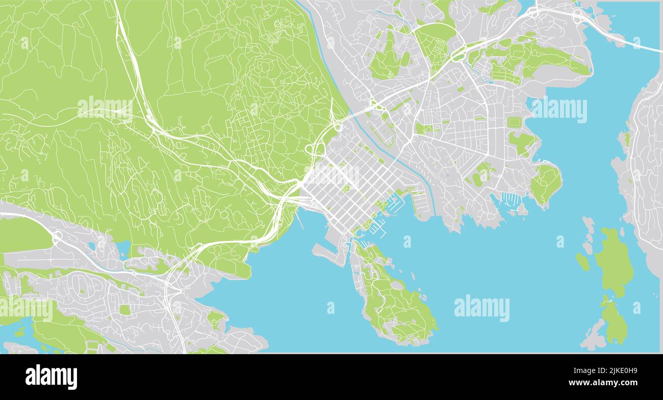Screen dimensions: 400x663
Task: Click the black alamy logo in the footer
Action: [51, 377]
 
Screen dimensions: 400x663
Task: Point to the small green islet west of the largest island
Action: [582, 261]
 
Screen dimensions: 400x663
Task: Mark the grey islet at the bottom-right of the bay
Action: [593, 338]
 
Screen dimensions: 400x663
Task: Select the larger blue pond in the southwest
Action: [123, 248]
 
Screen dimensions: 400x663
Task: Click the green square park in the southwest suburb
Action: [125, 309]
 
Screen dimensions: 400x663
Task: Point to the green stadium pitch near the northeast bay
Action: [514, 123]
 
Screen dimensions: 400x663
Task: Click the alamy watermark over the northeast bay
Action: [559, 110]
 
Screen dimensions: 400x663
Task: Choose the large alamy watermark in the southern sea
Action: [481, 308]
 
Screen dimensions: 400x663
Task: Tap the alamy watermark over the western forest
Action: [105, 109]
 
